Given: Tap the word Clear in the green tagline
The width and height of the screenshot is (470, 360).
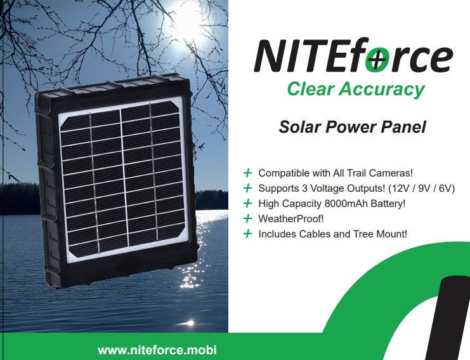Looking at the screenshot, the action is (x=310, y=89).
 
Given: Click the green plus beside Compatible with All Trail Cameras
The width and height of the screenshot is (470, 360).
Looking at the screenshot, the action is (x=247, y=173).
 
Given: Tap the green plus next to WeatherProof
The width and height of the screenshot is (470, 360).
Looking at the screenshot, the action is (x=247, y=218).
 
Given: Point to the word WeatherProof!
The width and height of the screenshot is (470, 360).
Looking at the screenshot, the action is (x=291, y=218).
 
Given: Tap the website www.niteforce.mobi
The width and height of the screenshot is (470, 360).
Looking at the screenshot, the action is (x=157, y=350).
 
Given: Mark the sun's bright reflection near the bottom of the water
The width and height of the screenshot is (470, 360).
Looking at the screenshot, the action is (x=189, y=323).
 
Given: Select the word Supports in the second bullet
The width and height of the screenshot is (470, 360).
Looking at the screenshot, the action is (x=278, y=189).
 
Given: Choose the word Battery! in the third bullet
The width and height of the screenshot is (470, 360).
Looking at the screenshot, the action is (x=388, y=203).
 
